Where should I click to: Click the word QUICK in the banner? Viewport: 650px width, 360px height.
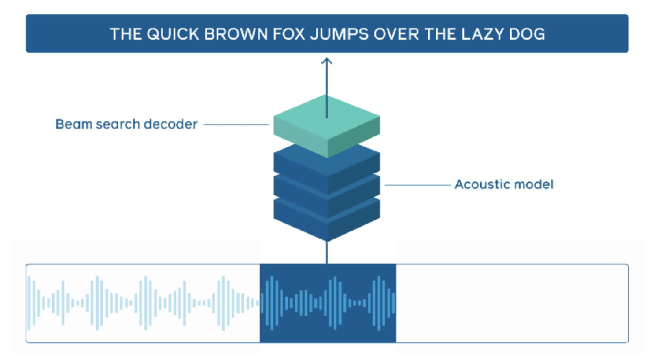coord(173,34)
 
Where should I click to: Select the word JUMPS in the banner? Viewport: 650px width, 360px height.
coord(339,34)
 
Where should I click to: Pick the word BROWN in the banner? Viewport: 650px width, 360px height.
coord(236,34)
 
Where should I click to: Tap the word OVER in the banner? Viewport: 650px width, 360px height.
coord(396,34)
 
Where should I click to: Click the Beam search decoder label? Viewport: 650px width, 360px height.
coord(126,124)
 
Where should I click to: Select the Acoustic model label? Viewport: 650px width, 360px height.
coord(504,184)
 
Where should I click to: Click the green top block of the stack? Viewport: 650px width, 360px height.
coord(327,126)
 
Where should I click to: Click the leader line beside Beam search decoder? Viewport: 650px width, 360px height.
coord(236,125)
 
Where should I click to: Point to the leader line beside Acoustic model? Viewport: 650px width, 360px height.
coord(418,185)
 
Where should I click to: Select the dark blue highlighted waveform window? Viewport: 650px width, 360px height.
coord(328,303)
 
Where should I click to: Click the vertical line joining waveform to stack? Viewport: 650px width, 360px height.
coord(327,252)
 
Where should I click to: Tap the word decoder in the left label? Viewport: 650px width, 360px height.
coord(170,124)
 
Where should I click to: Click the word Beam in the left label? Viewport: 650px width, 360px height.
coord(74,124)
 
